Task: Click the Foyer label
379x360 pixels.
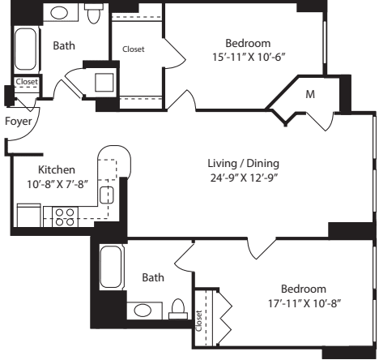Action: (19, 121)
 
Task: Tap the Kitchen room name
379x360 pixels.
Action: (57, 169)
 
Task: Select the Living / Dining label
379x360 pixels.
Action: (244, 164)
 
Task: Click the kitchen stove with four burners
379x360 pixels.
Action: (65, 217)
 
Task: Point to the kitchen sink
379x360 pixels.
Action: (107, 195)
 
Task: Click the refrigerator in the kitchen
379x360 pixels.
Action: (29, 216)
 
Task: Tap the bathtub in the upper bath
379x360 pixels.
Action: (25, 49)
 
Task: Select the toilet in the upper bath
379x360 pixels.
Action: (94, 13)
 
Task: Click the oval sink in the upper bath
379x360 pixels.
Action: (59, 13)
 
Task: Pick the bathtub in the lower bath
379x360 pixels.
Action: (111, 267)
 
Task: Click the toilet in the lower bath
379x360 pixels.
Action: (178, 309)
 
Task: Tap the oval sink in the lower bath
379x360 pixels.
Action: (143, 311)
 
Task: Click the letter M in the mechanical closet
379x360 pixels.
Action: (310, 94)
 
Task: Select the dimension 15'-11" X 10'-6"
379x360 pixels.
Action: (249, 58)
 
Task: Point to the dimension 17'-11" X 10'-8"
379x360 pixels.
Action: (304, 303)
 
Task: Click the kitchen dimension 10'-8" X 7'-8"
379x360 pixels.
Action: (57, 185)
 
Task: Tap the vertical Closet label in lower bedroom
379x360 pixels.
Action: (198, 321)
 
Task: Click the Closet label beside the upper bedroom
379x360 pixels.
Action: (134, 49)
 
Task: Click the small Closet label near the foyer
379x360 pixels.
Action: (27, 82)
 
